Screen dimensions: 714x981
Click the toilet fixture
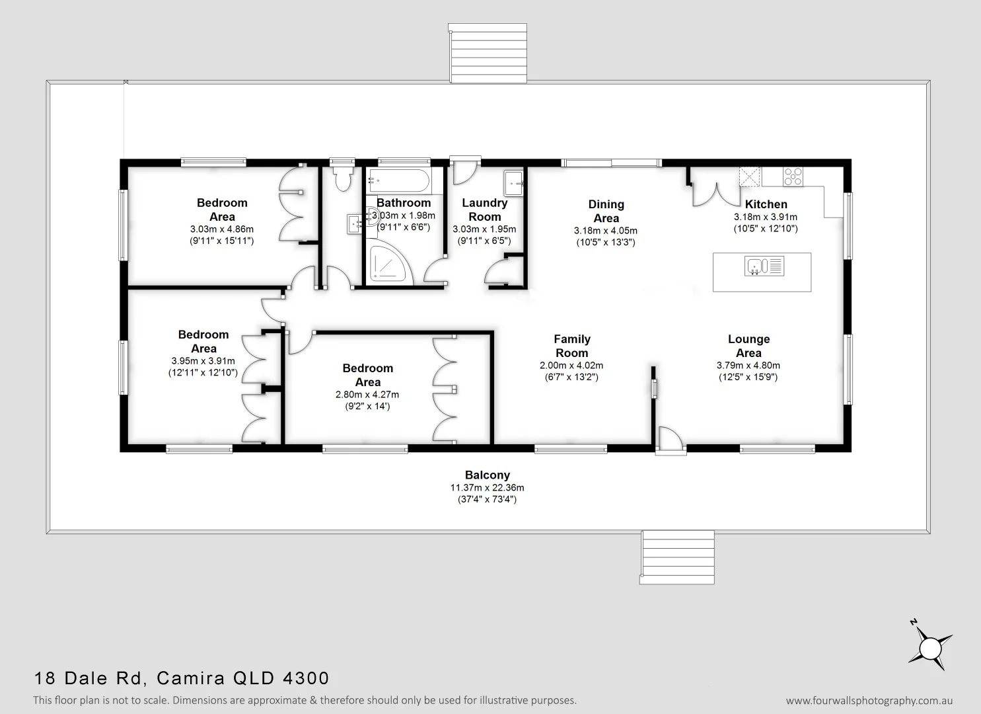coord(342,178)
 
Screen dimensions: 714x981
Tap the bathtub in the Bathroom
coord(399,178)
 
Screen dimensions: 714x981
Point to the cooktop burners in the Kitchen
coord(793,176)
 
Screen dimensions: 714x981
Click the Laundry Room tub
coord(514,183)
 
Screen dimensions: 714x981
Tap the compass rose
coord(930,645)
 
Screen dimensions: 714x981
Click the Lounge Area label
coord(748,346)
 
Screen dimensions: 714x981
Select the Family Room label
coord(571,346)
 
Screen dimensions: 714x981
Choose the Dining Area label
coord(606,211)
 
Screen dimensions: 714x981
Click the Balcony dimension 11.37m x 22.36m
coord(488,488)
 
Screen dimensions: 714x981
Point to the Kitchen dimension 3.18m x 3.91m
coord(765,217)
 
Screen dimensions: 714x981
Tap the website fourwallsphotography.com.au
coord(869,701)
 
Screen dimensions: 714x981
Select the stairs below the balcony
coord(677,557)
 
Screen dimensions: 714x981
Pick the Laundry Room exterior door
coord(463,171)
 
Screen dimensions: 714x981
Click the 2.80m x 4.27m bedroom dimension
coord(367,395)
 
